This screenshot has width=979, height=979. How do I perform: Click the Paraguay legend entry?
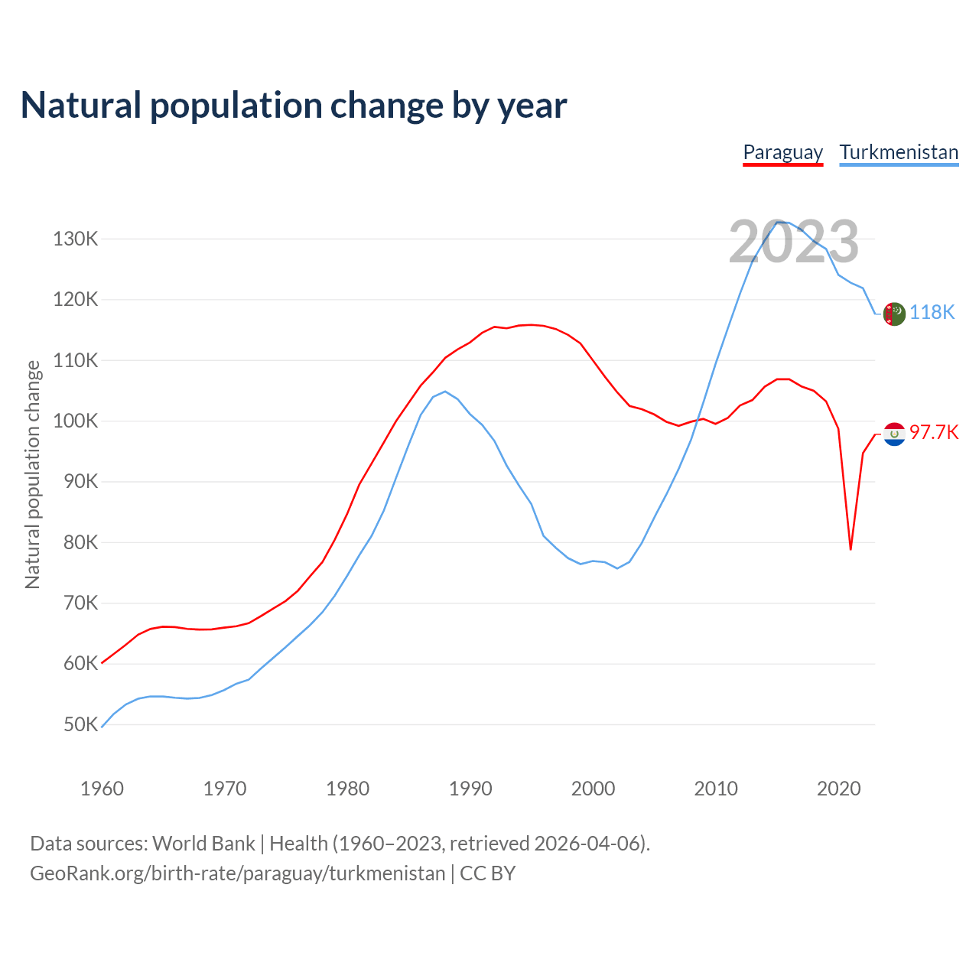point(782,152)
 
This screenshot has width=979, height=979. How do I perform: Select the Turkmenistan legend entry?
point(899,152)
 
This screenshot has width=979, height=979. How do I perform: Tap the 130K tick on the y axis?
point(76,239)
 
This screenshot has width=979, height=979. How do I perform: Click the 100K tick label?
point(76,421)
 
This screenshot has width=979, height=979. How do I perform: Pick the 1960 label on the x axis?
point(102,789)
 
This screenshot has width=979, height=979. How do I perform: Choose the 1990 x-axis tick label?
point(470,789)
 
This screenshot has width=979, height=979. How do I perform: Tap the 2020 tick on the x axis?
point(839,789)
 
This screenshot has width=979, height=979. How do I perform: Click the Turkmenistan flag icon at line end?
point(894,314)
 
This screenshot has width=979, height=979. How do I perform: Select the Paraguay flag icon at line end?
point(894,434)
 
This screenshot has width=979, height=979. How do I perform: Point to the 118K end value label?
point(932,312)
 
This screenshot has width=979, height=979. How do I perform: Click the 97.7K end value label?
point(934,433)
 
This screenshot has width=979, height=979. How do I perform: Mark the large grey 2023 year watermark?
point(794,242)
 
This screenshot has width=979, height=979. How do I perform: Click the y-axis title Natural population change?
point(33,474)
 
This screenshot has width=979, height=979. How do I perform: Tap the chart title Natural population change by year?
point(294,106)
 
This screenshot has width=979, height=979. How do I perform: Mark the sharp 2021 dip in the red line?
point(851,548)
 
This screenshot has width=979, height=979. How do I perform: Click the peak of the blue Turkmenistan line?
point(779,222)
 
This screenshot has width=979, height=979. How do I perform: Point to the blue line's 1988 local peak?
point(445,392)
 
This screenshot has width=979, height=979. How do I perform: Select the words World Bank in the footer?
point(203,844)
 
